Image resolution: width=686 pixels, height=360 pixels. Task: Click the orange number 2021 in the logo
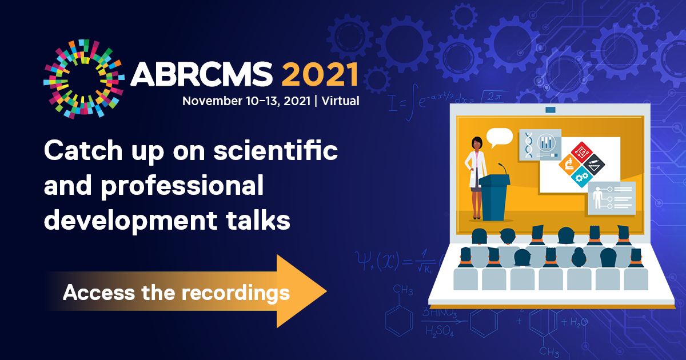pos(320,74)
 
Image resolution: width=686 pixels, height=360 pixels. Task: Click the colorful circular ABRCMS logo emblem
pos(84,79)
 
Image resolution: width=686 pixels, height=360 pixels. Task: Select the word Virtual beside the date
pos(340,101)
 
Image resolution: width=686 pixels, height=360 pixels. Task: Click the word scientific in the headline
pos(281,151)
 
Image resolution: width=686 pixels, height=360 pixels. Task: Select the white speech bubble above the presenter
pos(500,137)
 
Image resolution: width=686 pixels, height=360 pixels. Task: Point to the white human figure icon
pos(598,197)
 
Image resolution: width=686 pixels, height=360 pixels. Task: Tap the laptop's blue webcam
pos(550,109)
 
